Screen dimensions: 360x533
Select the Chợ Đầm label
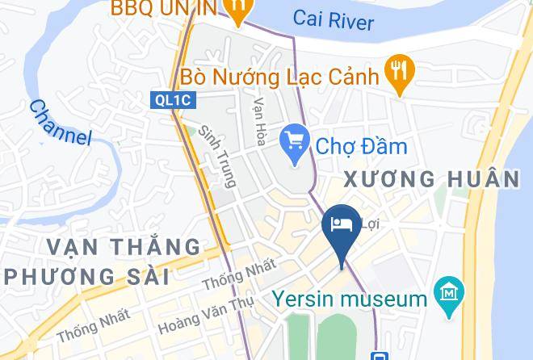[x=361, y=146]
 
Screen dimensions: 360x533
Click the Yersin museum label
[x=349, y=299]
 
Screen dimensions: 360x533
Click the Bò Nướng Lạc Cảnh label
[x=280, y=77]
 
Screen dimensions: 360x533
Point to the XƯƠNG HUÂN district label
[x=432, y=179]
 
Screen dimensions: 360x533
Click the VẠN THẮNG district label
[x=123, y=246]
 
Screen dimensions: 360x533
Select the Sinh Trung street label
[x=217, y=156]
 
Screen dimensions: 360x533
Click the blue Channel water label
[x=61, y=122]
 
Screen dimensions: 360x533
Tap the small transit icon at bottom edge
[x=376, y=355]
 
